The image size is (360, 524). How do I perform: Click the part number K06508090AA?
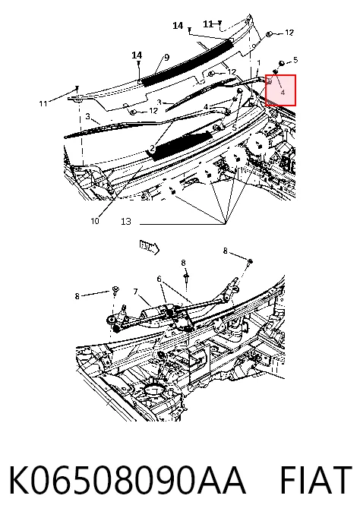tap(127, 479)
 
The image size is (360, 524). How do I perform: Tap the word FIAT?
tap(315, 479)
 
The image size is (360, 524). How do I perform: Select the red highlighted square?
tap(280, 90)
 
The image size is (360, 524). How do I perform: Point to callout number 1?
tap(259, 63)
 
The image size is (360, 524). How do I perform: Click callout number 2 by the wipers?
tap(152, 148)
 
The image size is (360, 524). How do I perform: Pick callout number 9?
tap(167, 58)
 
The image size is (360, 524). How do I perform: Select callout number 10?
tap(95, 221)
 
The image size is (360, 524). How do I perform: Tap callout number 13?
tap(126, 221)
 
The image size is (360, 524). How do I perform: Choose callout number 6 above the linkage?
tap(159, 279)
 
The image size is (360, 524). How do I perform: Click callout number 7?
tap(135, 292)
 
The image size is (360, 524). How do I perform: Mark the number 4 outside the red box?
tap(206, 106)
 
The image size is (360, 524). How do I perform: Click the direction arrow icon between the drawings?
tap(149, 247)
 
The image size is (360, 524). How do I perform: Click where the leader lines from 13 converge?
tap(226, 223)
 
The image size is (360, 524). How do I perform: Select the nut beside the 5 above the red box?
tap(282, 62)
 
